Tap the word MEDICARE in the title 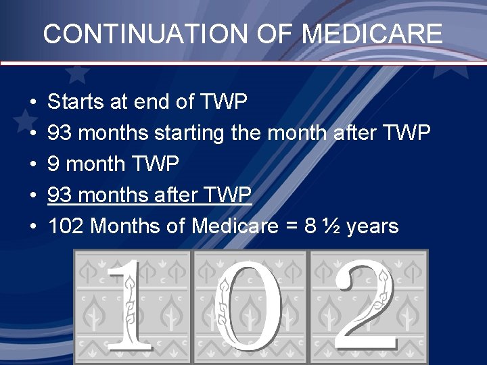click(372, 33)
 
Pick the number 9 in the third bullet click(55, 164)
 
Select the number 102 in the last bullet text click(66, 226)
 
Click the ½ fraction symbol click(330, 226)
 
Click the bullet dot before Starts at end click(32, 103)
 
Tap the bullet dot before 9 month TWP click(32, 165)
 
